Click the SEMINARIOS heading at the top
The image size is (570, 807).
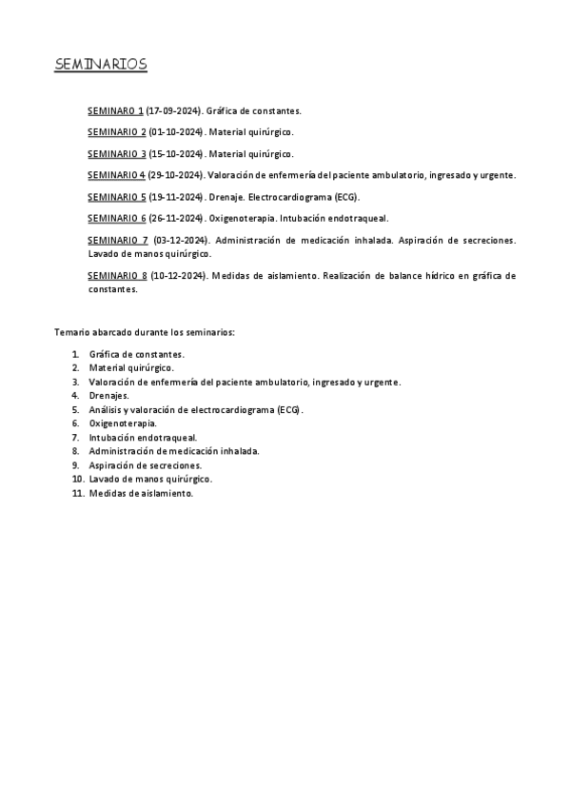point(100,65)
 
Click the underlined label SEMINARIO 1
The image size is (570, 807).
point(116,111)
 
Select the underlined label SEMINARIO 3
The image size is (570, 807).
point(116,154)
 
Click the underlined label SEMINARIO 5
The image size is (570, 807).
point(116,197)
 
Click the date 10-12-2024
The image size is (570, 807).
point(178,276)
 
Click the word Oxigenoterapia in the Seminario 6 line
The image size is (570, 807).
point(242,218)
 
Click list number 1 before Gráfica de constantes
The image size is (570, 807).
point(75,354)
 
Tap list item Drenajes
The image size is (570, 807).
point(109,395)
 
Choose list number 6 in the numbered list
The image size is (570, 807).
point(75,423)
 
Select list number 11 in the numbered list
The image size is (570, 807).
point(77,493)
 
